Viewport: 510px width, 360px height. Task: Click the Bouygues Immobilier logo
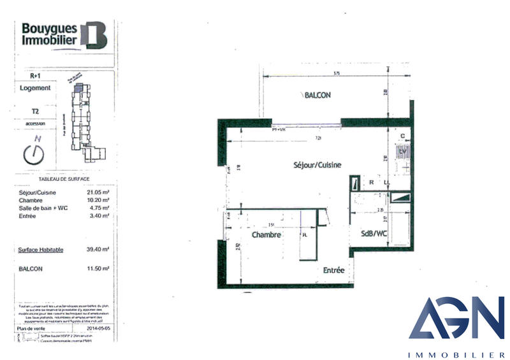pos(64,34)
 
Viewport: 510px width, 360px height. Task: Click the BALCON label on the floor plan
pos(318,96)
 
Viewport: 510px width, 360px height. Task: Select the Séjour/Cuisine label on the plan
pos(317,164)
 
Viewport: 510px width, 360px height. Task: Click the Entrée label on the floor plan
pos(333,270)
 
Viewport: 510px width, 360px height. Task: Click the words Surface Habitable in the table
pos(41,250)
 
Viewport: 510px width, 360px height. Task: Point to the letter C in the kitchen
pos(402,136)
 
